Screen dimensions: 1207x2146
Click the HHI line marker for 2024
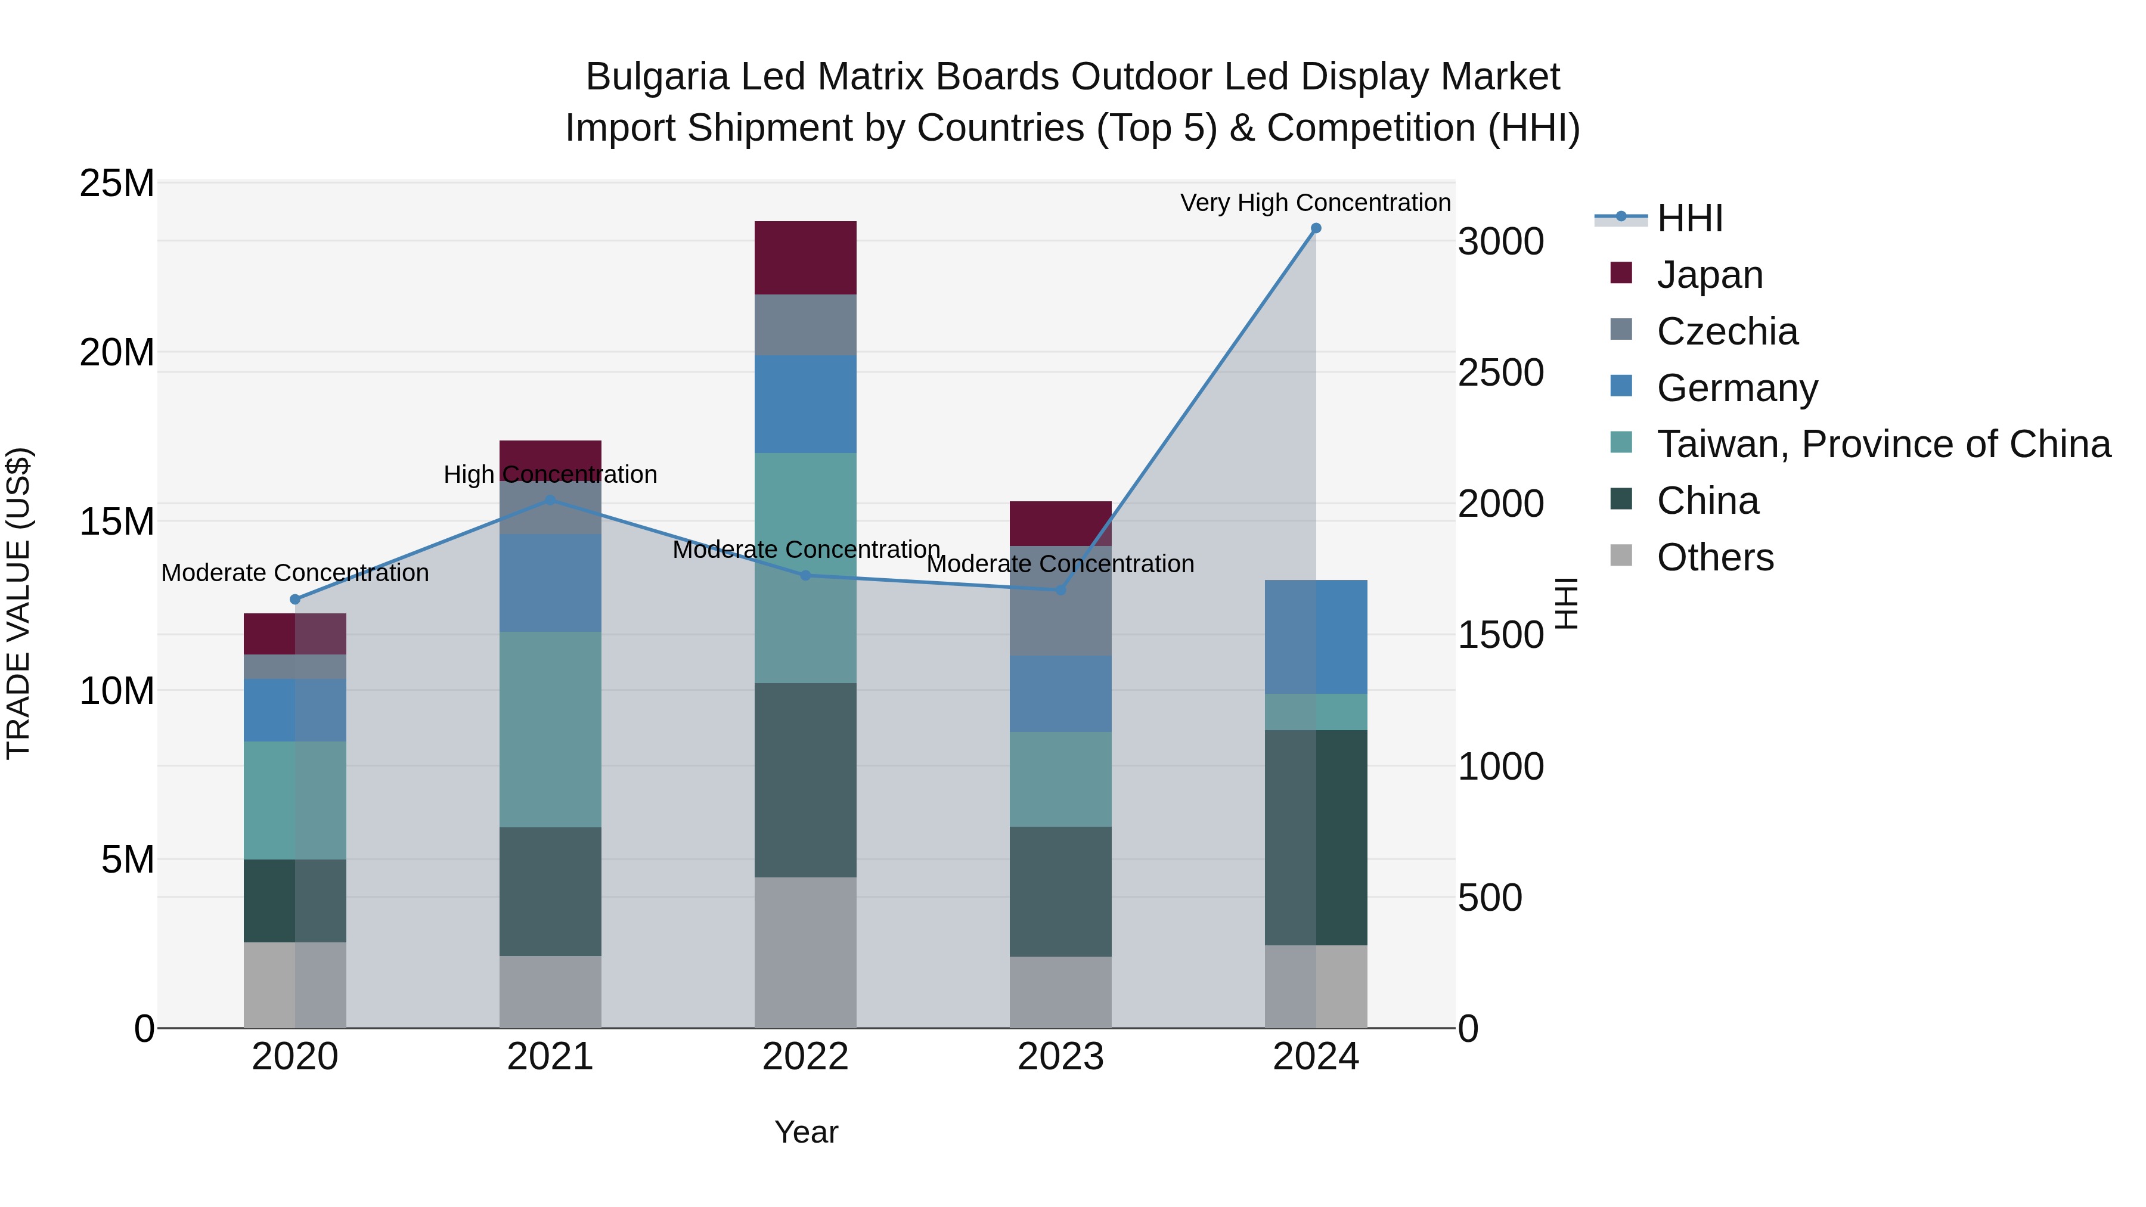(x=1316, y=228)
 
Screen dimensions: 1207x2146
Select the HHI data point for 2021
(x=550, y=501)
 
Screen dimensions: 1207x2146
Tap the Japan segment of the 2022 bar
(x=805, y=257)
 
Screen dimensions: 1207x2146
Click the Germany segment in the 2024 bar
(x=1316, y=637)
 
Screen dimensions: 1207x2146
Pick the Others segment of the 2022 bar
(x=805, y=952)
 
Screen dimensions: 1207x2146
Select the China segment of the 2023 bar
(x=1060, y=891)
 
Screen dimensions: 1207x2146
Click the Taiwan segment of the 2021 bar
(x=550, y=729)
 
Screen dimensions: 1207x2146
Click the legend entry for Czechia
(x=1726, y=331)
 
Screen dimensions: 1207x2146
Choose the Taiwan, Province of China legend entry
(x=1883, y=444)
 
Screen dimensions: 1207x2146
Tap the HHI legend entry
(x=1689, y=218)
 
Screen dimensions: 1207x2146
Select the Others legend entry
(x=1714, y=557)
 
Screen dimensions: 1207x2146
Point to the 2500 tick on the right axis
(x=1500, y=373)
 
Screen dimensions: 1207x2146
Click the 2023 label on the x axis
(x=1060, y=1057)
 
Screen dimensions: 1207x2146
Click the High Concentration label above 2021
(x=550, y=474)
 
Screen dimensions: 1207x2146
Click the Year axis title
(x=805, y=1132)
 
